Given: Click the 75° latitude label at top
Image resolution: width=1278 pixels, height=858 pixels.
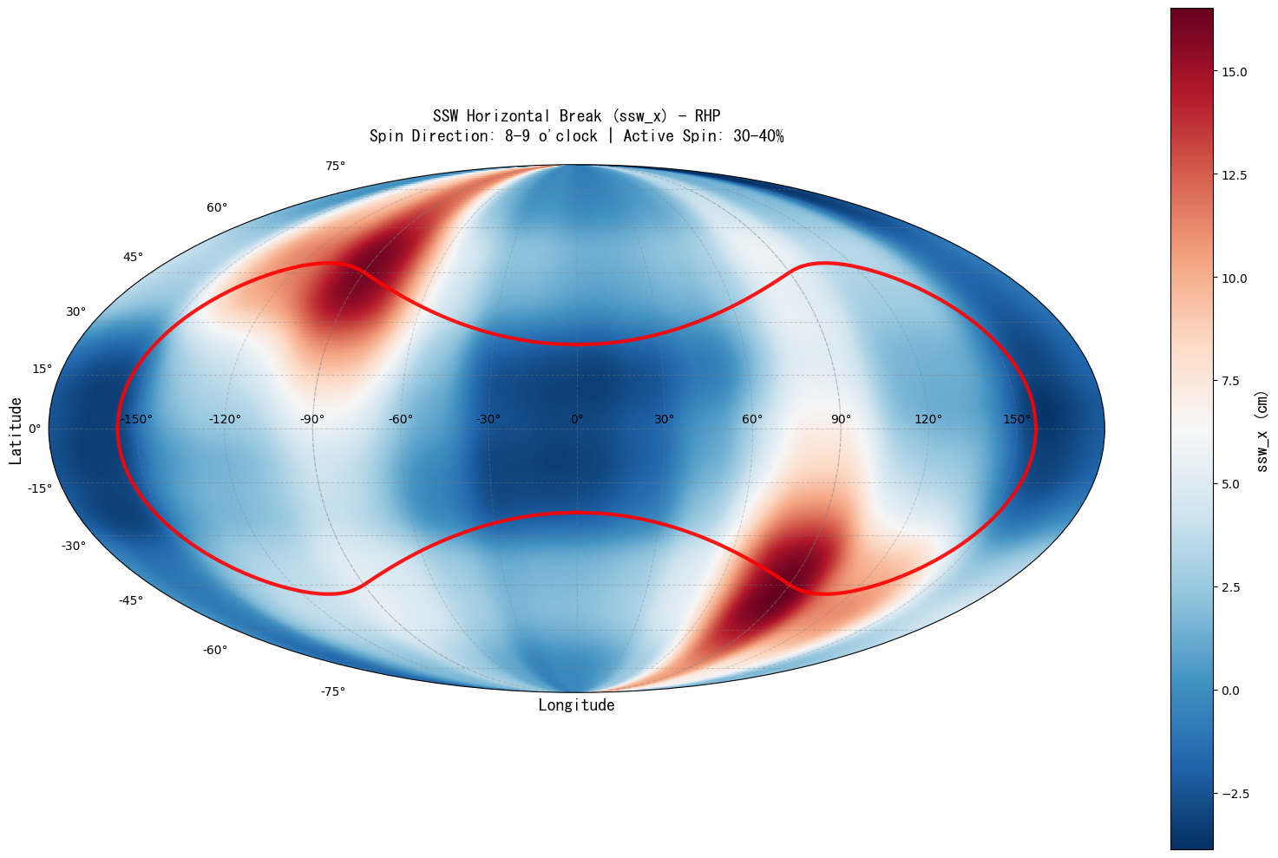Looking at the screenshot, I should point(336,166).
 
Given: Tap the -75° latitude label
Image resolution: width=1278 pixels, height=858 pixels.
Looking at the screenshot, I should point(333,691).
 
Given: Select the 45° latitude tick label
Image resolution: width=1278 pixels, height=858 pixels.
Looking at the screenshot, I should point(133,257).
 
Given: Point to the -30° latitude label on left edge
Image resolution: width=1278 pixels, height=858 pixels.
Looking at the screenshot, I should point(73,546).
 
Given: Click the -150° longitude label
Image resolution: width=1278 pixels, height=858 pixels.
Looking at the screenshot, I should point(135,420).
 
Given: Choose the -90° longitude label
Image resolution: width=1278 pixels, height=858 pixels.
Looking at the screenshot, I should point(312,420).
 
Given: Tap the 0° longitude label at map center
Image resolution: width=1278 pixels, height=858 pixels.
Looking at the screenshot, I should point(577,420).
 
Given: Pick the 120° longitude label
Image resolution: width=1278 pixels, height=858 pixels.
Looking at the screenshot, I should point(927,420).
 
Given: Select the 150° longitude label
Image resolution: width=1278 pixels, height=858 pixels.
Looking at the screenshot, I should point(1017,420).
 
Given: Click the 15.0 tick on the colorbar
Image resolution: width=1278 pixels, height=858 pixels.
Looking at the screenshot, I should point(1234,72).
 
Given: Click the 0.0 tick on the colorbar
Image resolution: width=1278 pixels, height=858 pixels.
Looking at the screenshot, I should point(1230,691).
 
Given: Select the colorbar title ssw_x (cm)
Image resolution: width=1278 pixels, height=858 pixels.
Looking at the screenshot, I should point(1262,431).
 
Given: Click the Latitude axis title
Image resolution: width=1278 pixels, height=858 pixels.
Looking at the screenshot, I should point(16,431).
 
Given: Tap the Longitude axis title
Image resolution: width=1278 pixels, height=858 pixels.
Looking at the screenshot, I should point(576,705).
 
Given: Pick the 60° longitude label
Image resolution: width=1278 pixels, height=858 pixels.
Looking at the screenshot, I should point(752,420).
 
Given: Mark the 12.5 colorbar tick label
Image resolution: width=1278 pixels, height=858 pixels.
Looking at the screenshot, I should point(1234,175).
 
